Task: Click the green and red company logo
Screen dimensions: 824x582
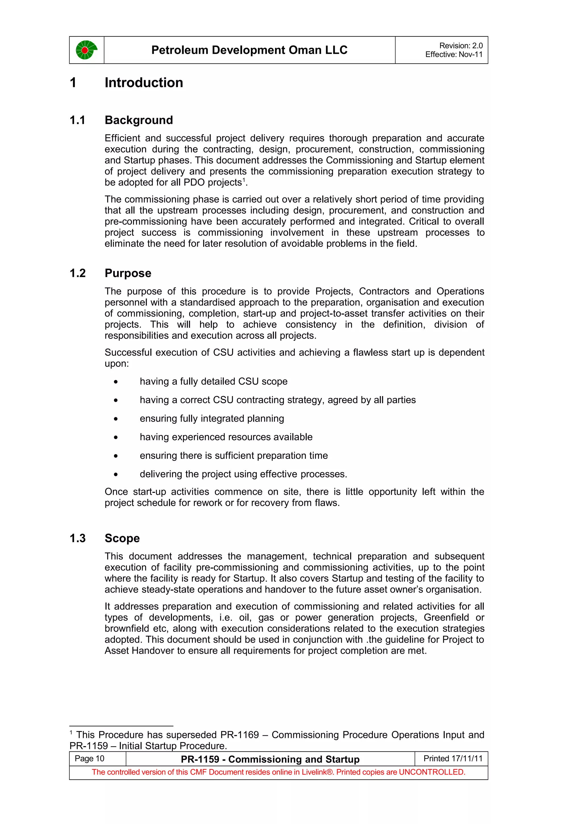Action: [x=86, y=50]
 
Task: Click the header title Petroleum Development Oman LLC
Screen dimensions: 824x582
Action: [x=249, y=50]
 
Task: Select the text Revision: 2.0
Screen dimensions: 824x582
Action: [x=461, y=45]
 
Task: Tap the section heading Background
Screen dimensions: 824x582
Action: [x=139, y=120]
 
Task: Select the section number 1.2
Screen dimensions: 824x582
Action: [x=78, y=274]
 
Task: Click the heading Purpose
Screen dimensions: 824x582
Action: [x=128, y=274]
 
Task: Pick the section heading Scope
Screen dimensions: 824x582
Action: [x=122, y=538]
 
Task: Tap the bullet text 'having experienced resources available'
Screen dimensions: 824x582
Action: [x=226, y=437]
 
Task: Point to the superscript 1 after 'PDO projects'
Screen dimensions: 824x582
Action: [x=244, y=180]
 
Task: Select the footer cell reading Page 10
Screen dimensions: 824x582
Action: [x=90, y=758]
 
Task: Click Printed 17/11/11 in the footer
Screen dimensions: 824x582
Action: [x=453, y=758]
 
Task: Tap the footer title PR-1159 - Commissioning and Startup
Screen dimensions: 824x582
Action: [x=270, y=759]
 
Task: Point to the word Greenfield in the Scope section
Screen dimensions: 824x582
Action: [x=446, y=617]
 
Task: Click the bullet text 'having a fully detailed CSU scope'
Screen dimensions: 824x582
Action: [x=213, y=382]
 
